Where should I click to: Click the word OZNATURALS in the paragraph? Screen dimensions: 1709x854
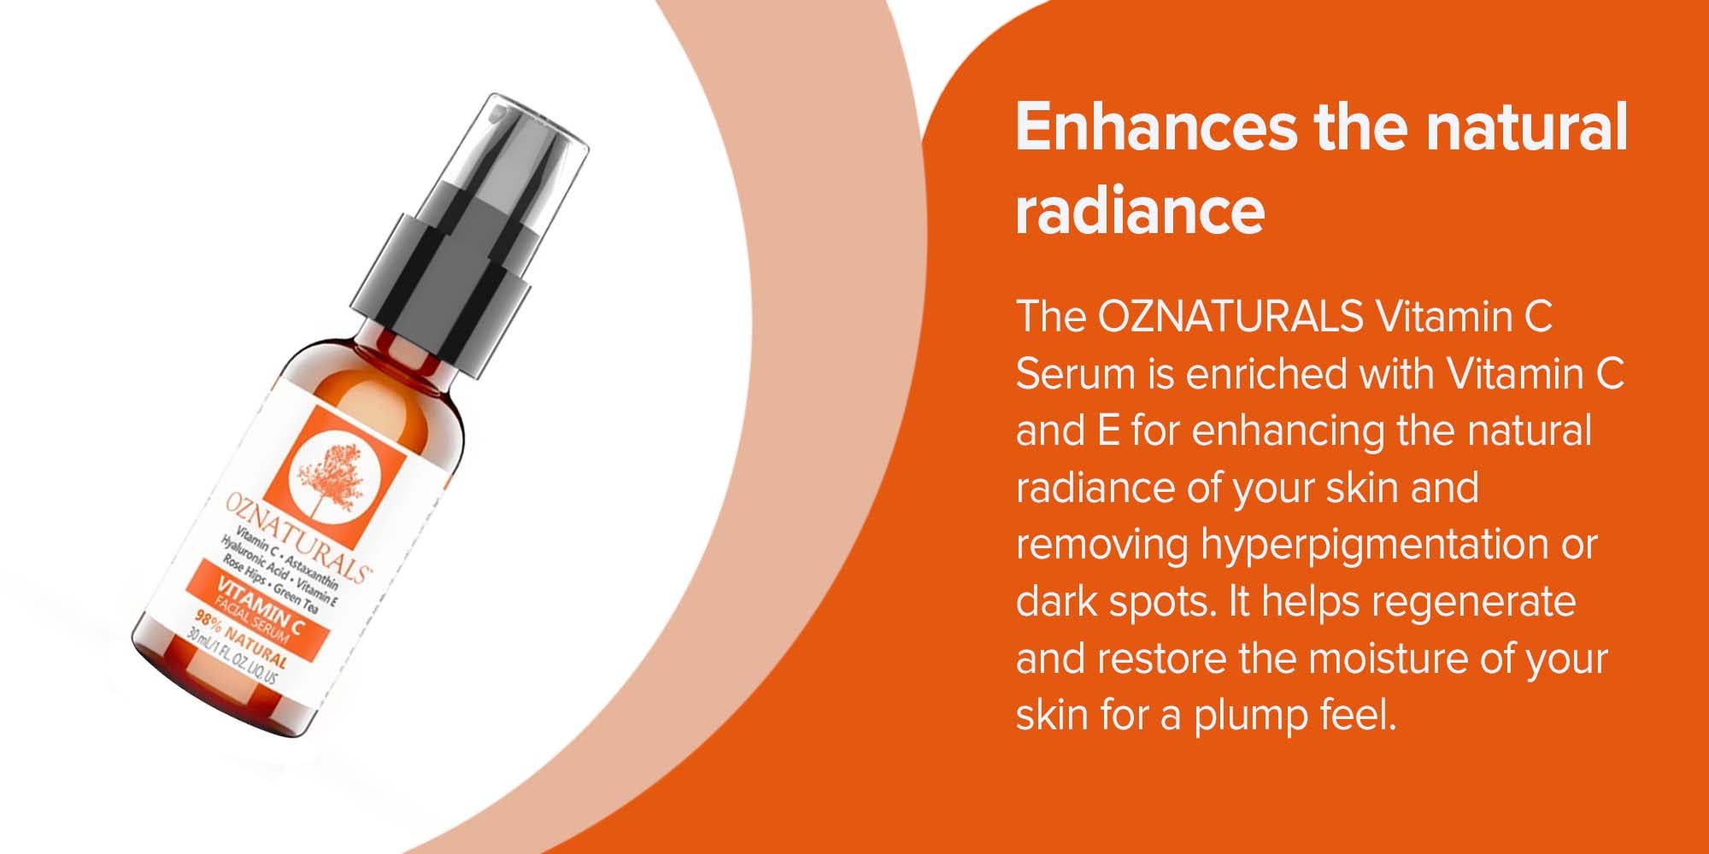pyautogui.click(x=1230, y=317)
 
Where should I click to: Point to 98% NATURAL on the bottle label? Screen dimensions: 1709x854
pyautogui.click(x=240, y=639)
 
